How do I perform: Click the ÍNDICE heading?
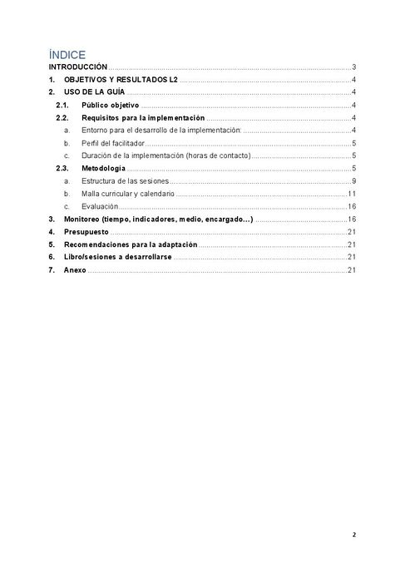67,54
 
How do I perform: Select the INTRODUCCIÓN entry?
77,67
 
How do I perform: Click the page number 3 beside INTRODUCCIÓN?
354,67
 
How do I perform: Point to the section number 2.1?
61,106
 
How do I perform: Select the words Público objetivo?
110,106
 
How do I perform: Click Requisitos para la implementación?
143,118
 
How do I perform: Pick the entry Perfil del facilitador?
113,143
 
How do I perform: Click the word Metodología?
103,169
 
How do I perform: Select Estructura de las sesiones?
125,181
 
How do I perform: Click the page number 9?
354,181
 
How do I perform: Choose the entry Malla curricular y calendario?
128,194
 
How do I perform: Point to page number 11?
353,194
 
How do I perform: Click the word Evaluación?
100,206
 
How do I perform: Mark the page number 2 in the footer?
353,535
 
